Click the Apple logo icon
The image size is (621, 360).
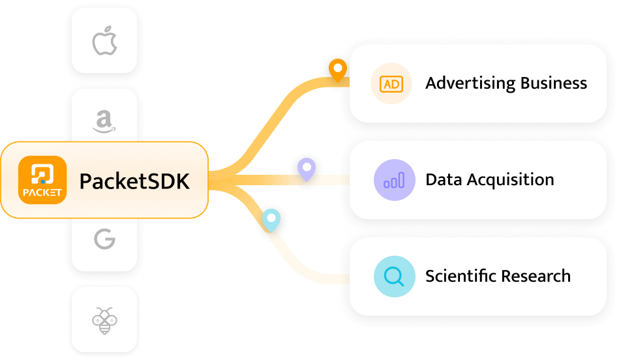point(104,40)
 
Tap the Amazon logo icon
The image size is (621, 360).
point(104,121)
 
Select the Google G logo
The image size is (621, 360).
point(104,239)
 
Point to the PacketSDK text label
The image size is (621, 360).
point(134,181)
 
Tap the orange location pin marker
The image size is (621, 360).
point(337,69)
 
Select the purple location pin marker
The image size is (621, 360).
point(307,168)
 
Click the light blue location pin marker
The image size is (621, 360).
point(271,218)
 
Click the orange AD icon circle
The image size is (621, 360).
point(391,83)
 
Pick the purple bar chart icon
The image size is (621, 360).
point(394,180)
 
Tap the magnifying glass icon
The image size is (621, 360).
point(394,277)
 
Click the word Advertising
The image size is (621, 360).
point(470,83)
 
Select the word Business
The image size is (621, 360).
point(554,83)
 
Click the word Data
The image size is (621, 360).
point(442,179)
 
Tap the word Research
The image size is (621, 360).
point(537,276)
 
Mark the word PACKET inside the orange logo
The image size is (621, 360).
point(42,192)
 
